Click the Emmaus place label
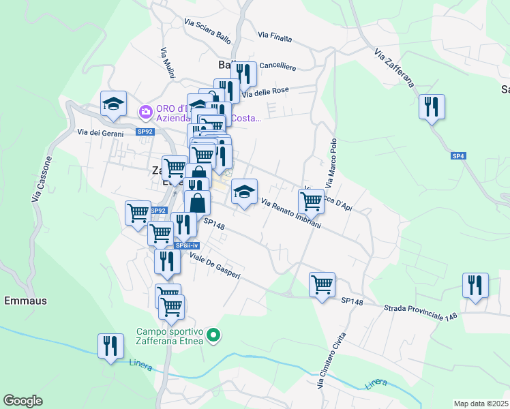(x=26, y=300)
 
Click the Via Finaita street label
(x=275, y=36)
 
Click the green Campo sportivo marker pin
(x=214, y=334)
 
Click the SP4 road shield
(x=458, y=156)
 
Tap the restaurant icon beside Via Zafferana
(x=432, y=106)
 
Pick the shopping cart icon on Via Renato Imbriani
(x=311, y=200)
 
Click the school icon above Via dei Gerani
(x=113, y=103)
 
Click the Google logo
(x=22, y=401)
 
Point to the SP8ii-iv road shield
(x=186, y=245)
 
